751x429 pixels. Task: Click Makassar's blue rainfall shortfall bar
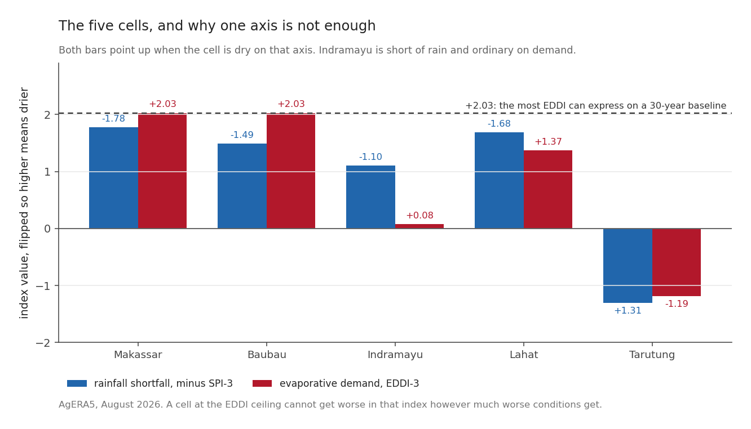[114, 178]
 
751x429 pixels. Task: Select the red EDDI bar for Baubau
[291, 171]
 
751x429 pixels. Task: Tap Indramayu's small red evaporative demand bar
[419, 226]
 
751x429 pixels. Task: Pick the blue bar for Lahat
[499, 181]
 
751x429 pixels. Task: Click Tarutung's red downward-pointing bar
[677, 262]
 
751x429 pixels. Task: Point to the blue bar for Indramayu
[371, 197]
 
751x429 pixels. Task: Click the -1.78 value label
[114, 119]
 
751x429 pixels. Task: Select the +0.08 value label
[419, 215]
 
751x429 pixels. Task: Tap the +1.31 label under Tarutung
[628, 310]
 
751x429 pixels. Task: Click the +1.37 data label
[548, 142]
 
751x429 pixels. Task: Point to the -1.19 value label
[677, 304]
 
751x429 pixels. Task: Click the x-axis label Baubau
[267, 355]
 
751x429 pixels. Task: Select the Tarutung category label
[652, 355]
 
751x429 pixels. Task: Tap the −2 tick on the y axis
[43, 343]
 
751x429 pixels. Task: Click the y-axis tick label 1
[47, 172]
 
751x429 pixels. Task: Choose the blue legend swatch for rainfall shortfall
[77, 383]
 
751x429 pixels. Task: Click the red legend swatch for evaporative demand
[262, 383]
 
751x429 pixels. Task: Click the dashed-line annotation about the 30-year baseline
[596, 106]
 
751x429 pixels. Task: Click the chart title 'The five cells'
[217, 26]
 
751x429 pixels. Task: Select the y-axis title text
[24, 203]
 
